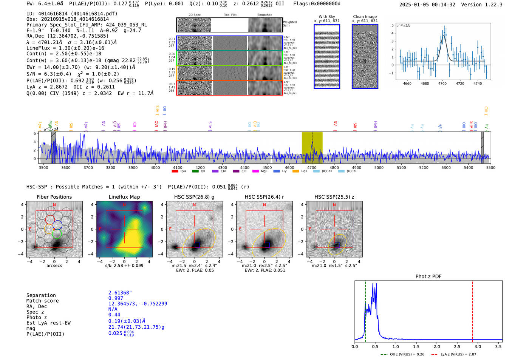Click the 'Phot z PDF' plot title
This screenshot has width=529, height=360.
[428, 276]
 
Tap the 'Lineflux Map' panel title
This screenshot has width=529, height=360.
[124, 197]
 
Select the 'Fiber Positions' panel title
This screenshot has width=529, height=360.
[54, 197]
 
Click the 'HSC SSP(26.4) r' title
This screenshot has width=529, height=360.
[264, 197]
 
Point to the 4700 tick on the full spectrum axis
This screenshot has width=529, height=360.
[312, 167]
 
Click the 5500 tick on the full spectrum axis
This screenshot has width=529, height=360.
[490, 167]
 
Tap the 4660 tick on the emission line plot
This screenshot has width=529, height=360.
[407, 83]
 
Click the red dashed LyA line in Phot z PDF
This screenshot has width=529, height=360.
[472, 310]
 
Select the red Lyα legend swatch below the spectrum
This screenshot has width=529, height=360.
[175, 172]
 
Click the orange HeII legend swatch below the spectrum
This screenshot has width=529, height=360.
[295, 172]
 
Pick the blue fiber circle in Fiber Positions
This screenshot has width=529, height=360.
[57, 225]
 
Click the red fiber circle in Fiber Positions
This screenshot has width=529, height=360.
[50, 219]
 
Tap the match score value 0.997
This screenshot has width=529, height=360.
[116, 298]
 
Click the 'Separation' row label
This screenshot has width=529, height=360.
[41, 295]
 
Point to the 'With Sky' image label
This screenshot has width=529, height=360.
[326, 17]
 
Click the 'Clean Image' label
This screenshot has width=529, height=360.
[365, 17]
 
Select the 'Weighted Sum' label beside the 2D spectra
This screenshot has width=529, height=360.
[289, 24]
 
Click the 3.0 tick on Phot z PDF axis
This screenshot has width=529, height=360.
[478, 346]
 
